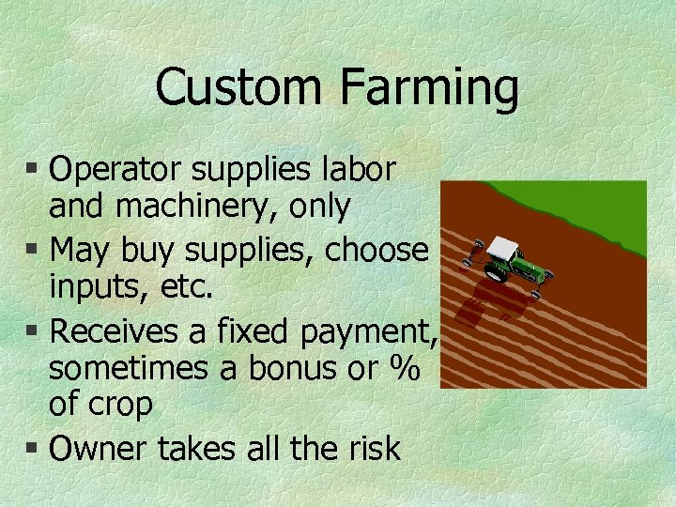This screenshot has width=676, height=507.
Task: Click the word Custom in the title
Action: [239, 87]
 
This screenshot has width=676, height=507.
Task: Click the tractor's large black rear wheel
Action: [496, 273]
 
